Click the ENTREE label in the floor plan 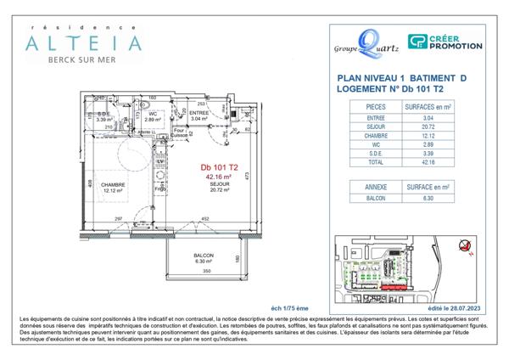click(199, 114)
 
